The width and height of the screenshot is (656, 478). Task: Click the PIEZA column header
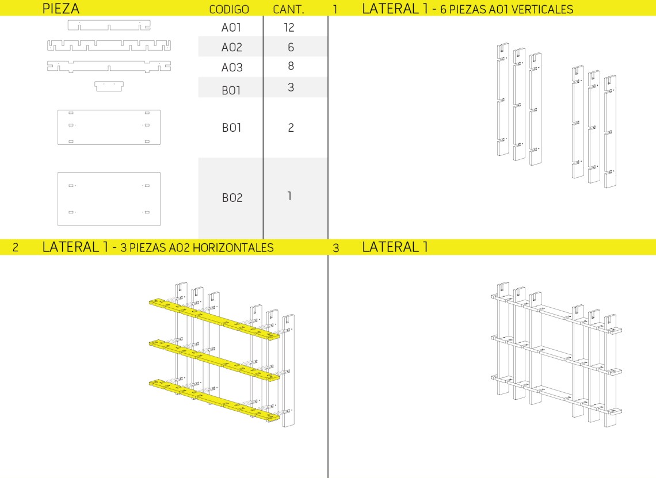(x=60, y=9)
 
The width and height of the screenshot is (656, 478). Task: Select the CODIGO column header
(x=229, y=9)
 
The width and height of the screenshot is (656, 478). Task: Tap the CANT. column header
(x=288, y=9)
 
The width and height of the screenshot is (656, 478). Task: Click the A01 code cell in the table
(x=231, y=28)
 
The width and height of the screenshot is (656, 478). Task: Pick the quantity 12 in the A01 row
(x=289, y=28)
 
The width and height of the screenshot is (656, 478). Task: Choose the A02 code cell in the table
(x=232, y=47)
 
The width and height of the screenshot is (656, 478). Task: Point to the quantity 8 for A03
(x=291, y=66)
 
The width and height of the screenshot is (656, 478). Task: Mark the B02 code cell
(x=232, y=197)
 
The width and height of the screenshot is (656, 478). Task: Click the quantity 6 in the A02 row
(x=291, y=47)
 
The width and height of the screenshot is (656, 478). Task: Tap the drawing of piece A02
(x=109, y=45)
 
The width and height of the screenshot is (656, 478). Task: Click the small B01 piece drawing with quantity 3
(x=109, y=86)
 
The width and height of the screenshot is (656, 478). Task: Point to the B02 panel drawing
(x=109, y=199)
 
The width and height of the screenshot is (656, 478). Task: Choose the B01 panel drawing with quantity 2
(x=109, y=127)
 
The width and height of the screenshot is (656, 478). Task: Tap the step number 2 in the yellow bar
(x=16, y=247)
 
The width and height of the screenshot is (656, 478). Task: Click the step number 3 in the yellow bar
(x=336, y=248)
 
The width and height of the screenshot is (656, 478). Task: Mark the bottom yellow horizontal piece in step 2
(x=214, y=400)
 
